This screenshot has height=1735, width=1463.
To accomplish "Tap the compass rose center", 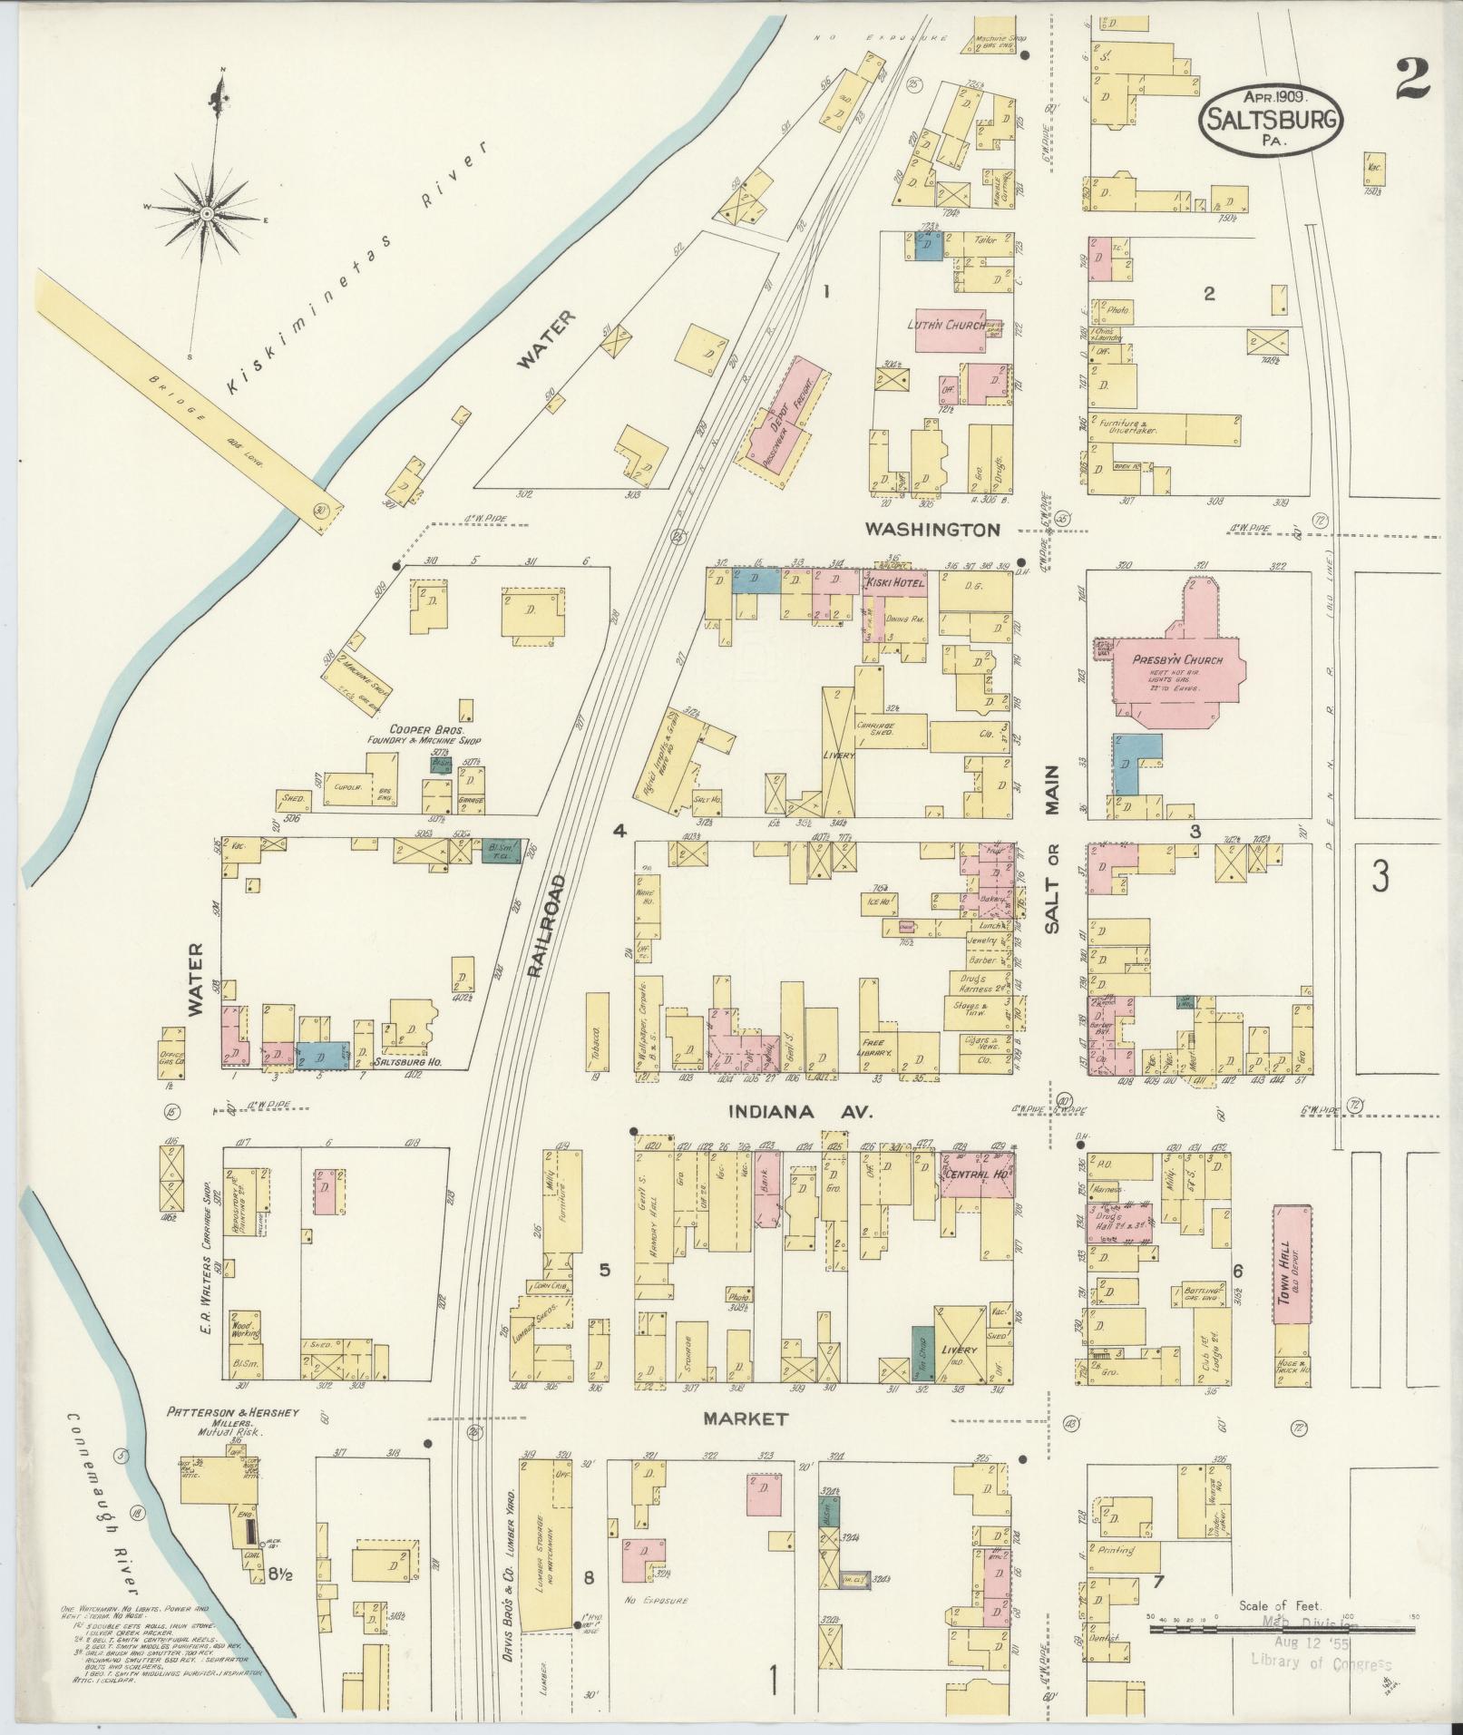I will (x=207, y=214).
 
